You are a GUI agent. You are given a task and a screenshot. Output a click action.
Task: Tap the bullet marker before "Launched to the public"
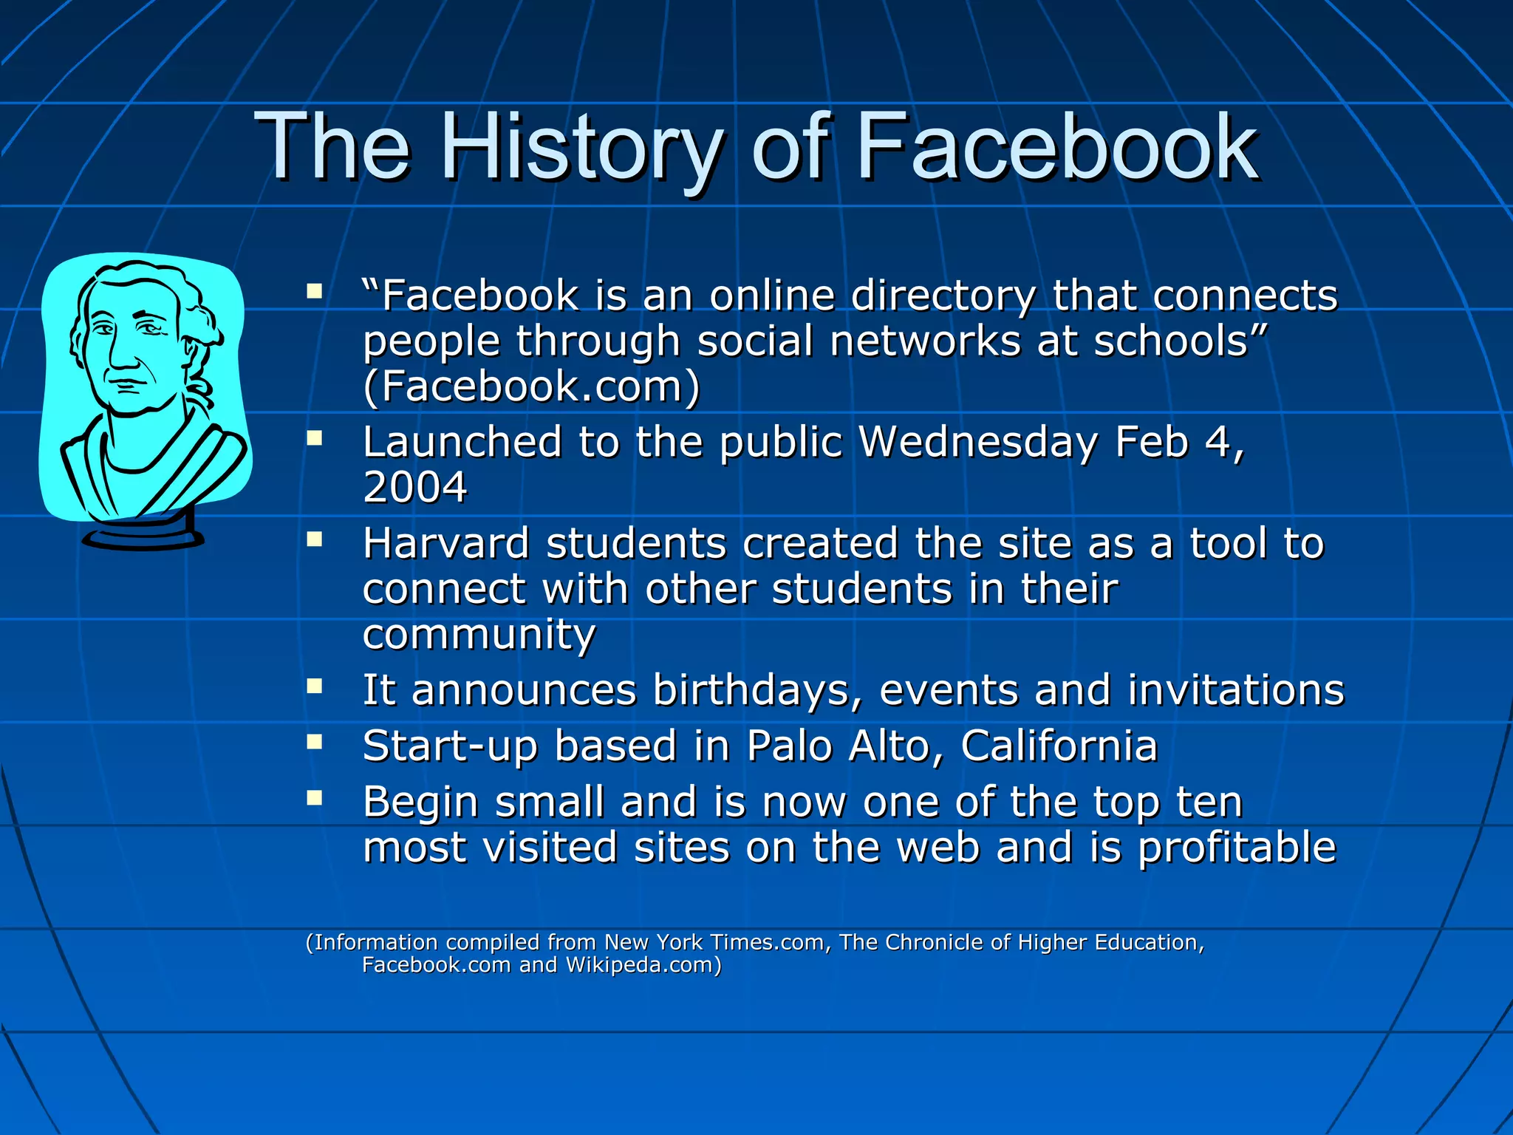click(315, 439)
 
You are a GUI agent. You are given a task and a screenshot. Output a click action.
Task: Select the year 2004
click(414, 488)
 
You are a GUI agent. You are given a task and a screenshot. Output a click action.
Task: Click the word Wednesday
click(977, 442)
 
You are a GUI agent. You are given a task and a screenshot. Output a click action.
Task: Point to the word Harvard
click(445, 544)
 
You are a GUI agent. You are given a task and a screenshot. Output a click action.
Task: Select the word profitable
click(1237, 848)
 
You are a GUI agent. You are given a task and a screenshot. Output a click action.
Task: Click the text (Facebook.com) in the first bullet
click(531, 386)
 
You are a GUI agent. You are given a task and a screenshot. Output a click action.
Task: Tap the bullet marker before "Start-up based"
click(315, 742)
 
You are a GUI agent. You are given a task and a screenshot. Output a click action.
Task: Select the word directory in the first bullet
click(943, 296)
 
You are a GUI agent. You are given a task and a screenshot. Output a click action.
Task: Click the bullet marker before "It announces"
click(315, 686)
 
